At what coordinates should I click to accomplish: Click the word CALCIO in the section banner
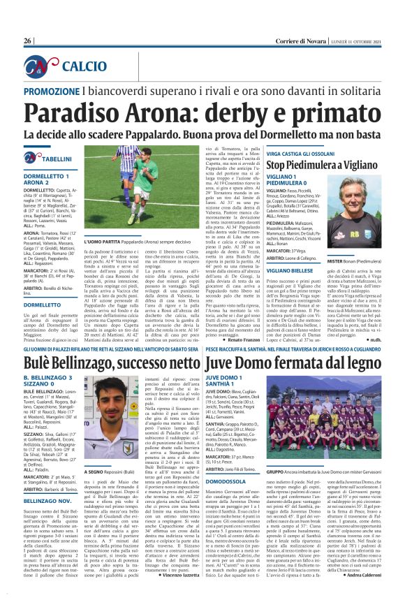(x=84, y=66)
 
